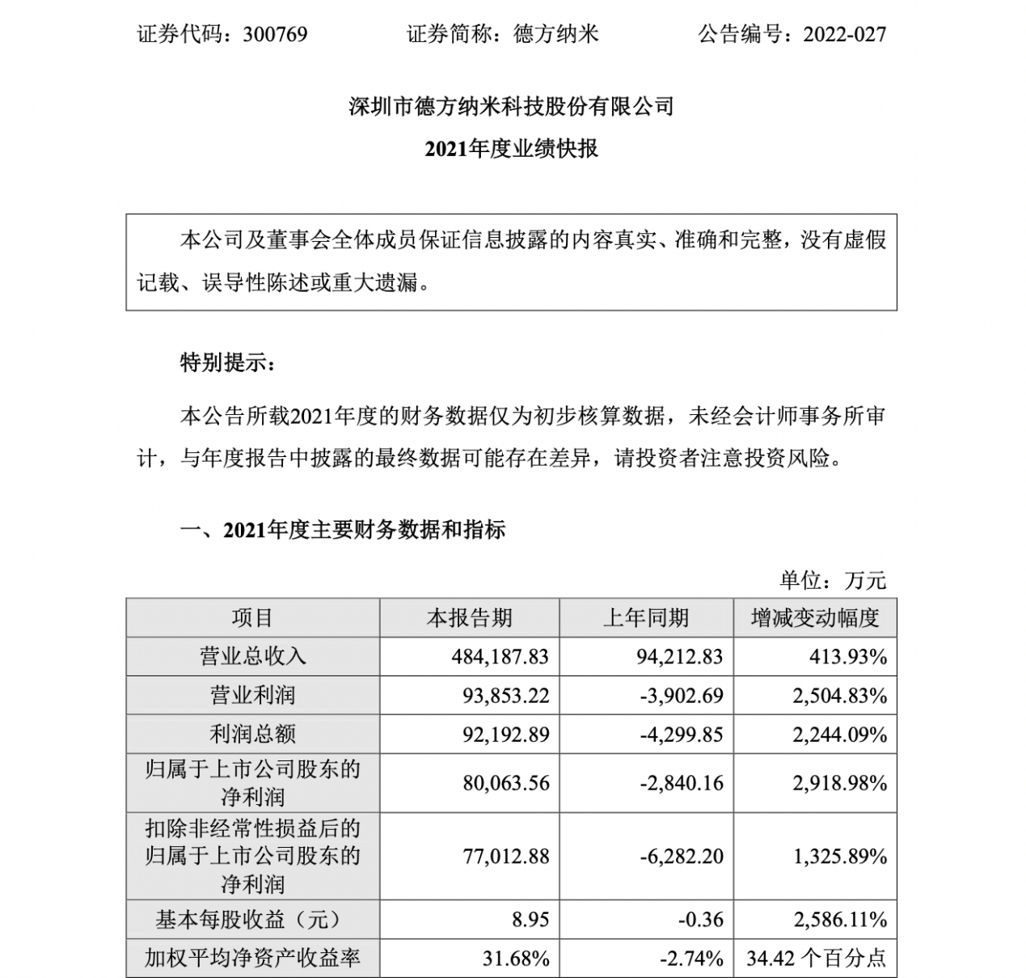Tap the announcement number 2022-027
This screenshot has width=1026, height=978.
[845, 34]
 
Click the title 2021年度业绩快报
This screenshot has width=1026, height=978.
[511, 149]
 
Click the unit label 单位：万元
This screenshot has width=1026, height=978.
[833, 580]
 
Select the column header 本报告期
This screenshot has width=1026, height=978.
[469, 618]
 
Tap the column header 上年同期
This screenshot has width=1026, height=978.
[645, 618]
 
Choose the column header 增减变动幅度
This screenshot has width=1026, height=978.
[814, 618]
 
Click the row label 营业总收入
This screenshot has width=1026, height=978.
[252, 656]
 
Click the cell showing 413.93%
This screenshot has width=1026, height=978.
[848, 656]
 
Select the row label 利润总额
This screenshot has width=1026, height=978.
[252, 734]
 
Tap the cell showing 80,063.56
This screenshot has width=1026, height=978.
[506, 783]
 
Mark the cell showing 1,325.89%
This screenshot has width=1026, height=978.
[841, 856]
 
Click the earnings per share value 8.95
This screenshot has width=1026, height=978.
[530, 920]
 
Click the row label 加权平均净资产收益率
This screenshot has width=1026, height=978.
[252, 959]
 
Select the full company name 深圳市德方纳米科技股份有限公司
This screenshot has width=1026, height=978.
[511, 106]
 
